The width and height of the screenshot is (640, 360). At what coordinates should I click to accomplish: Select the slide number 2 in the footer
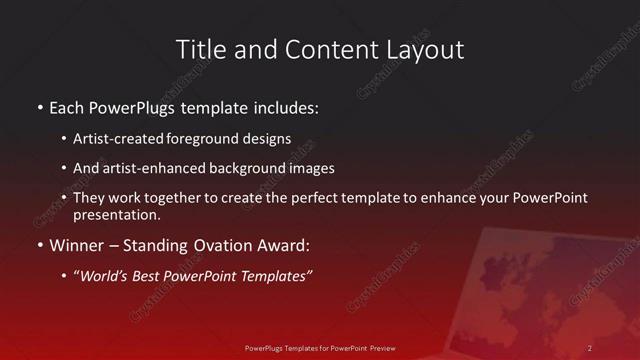click(590, 348)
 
